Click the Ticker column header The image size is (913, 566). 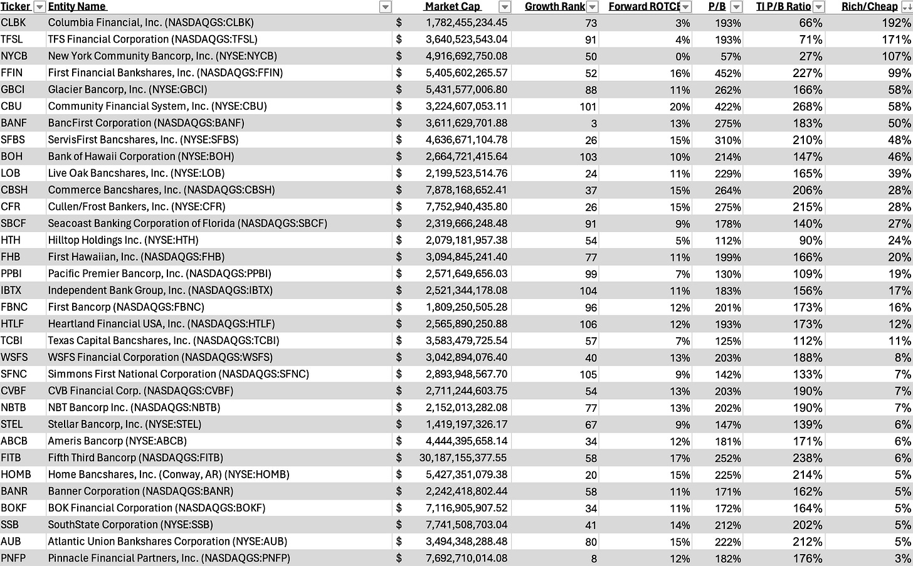click(x=16, y=6)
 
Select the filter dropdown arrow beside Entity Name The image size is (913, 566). click(x=386, y=7)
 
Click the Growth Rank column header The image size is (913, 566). click(x=554, y=6)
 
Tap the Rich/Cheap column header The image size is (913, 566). click(x=869, y=6)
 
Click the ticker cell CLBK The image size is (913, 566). click(x=14, y=23)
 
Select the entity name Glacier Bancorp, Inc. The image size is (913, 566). click(x=127, y=90)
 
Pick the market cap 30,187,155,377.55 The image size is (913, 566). click(x=463, y=458)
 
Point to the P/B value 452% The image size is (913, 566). click(x=727, y=73)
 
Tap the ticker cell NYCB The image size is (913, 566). click(x=14, y=56)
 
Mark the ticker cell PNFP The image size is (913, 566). click(x=14, y=558)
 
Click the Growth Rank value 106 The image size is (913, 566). click(x=588, y=325)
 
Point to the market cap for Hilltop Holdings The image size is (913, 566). click(x=466, y=241)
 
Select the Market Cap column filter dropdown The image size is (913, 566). click(x=504, y=7)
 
